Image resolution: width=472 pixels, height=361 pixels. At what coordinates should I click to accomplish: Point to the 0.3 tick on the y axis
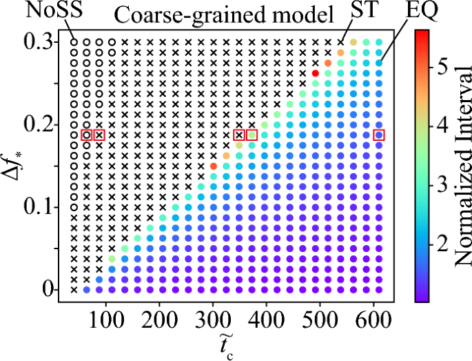pos(43,42)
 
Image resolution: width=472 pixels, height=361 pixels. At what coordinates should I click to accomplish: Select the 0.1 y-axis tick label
pos(43,206)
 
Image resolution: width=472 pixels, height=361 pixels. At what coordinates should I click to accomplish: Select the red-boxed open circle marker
pos(86,135)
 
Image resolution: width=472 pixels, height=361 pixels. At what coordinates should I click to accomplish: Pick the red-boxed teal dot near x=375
pos(252,135)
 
